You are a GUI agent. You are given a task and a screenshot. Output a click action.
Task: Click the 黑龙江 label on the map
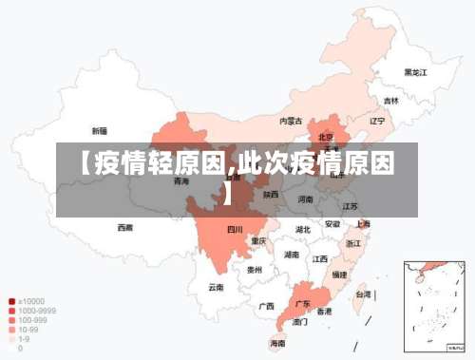416,71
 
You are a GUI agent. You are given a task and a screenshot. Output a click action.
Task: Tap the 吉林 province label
391,100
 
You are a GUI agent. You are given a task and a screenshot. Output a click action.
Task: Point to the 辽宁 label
377,121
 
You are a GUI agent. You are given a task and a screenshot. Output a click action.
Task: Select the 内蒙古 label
291,121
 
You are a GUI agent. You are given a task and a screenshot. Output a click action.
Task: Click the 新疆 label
99,131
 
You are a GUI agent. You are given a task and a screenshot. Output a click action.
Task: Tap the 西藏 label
124,228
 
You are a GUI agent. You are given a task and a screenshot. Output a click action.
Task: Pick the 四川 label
235,229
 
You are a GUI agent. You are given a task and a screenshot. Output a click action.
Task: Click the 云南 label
217,286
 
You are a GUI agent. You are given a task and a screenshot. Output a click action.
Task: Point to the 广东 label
302,304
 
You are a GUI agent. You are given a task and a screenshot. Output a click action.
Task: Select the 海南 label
277,343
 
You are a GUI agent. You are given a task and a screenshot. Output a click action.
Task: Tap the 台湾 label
363,294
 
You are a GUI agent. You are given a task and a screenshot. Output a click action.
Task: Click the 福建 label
337,274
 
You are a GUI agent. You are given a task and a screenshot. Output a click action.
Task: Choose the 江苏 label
350,206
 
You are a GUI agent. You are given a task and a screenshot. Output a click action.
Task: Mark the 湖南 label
293,255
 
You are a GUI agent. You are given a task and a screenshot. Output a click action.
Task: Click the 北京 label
325,136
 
